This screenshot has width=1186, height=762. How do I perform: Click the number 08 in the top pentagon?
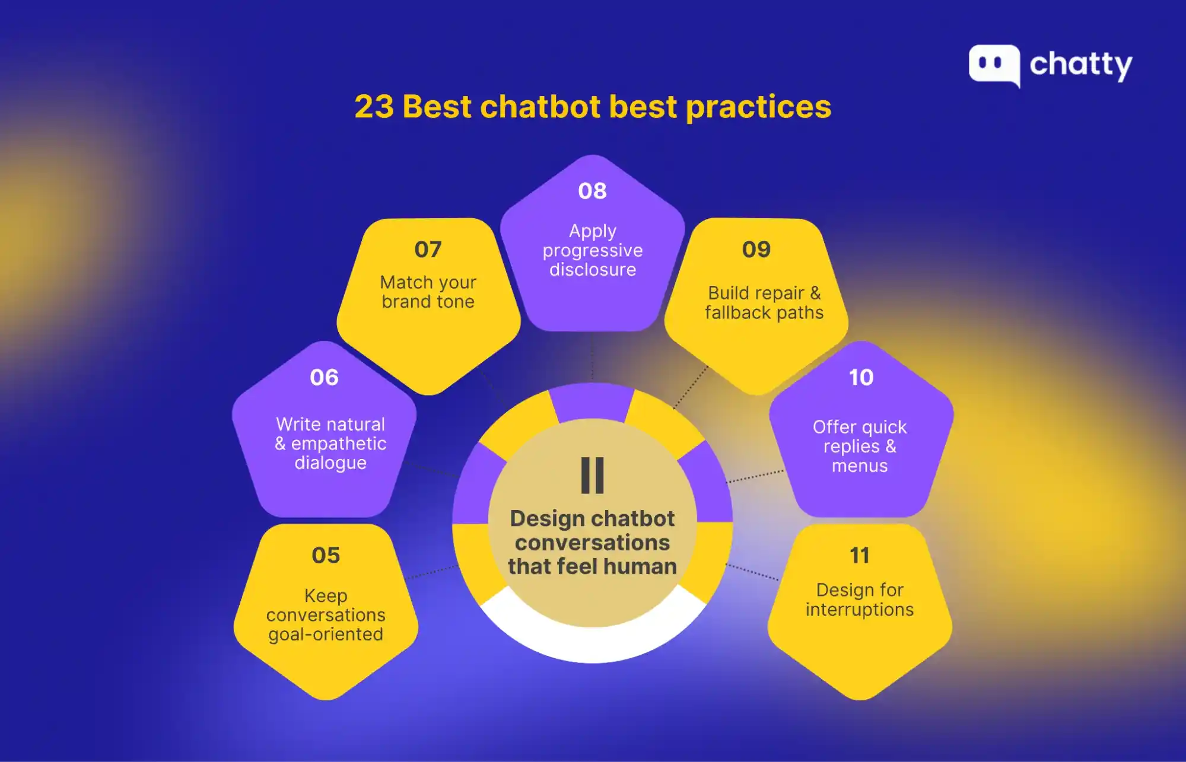592,191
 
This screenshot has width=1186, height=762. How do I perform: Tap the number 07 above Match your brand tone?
428,249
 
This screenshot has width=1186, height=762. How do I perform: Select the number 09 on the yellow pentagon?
756,249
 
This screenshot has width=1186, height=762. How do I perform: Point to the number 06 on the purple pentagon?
324,377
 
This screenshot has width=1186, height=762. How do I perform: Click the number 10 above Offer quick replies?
861,377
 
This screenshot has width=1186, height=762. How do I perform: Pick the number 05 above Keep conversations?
326,555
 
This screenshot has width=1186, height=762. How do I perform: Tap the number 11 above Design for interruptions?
859,556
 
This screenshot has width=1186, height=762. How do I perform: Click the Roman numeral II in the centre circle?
592,475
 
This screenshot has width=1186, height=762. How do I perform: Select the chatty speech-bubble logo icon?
994,65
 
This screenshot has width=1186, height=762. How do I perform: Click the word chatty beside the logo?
1080,65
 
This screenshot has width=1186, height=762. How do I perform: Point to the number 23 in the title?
374,107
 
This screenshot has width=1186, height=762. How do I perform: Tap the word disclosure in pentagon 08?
592,270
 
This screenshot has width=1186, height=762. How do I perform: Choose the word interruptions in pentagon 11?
859,610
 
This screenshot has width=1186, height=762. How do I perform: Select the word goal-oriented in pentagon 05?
326,635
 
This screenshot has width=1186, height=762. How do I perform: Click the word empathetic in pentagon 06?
339,444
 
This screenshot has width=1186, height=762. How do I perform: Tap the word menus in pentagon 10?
859,466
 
